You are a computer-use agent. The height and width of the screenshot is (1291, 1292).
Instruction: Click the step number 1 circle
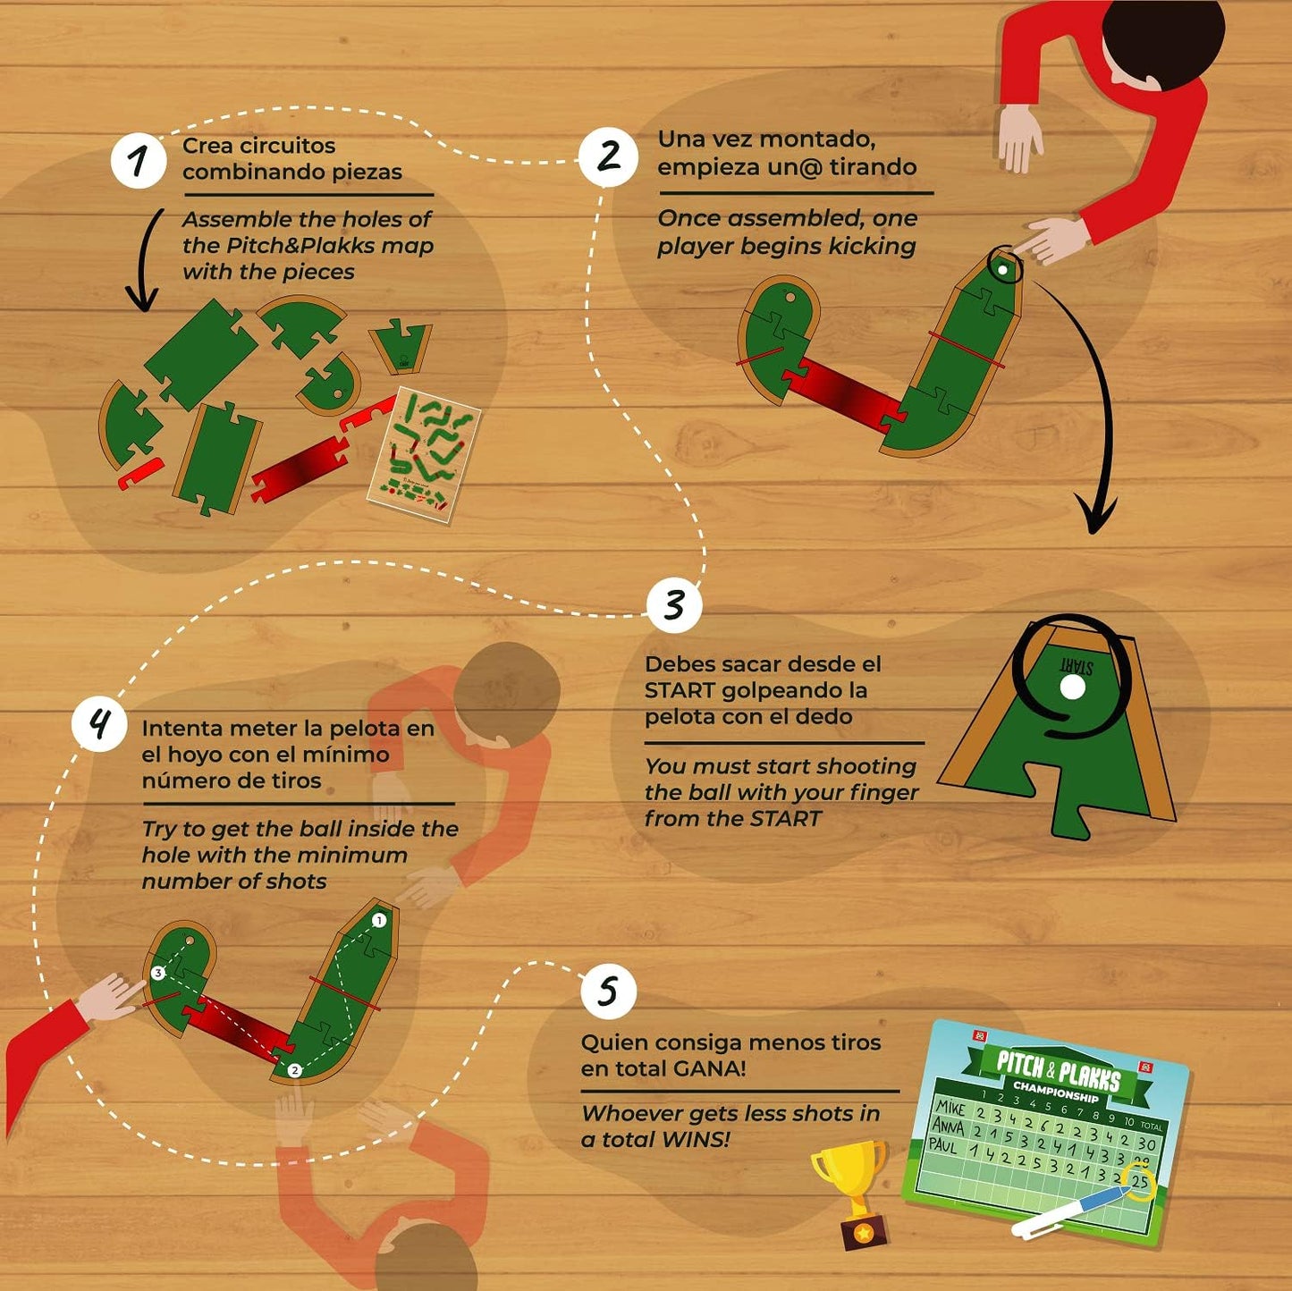[x=139, y=161]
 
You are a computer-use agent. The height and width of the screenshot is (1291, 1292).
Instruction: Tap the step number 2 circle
[x=608, y=156]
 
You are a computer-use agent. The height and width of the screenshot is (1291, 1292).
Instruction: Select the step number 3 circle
[x=674, y=604]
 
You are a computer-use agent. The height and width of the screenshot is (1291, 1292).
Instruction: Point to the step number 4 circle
[x=100, y=723]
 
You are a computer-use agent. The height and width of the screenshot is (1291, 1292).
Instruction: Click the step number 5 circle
[x=608, y=991]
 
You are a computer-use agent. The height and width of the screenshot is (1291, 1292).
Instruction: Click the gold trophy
[x=850, y=1189]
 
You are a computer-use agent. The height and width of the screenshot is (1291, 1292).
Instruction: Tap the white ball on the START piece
[x=1071, y=687]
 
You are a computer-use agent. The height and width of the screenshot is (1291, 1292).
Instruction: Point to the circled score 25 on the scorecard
[x=1138, y=1182]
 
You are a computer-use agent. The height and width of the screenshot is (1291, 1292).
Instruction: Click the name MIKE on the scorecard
[x=950, y=1107]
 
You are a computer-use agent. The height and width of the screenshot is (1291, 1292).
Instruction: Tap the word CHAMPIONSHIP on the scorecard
[x=1055, y=1092]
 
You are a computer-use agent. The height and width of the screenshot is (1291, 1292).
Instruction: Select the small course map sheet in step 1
[x=424, y=454]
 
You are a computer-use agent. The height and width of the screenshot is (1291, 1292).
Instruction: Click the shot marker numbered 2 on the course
[x=294, y=1070]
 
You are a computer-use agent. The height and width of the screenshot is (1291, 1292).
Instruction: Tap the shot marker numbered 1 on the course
[x=378, y=920]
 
